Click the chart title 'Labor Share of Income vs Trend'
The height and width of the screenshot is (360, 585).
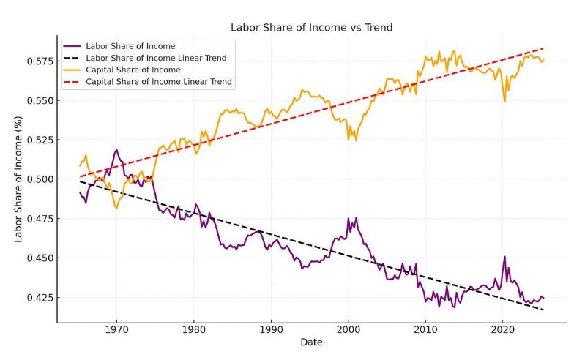(311, 28)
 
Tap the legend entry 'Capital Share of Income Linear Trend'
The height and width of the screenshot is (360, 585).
(160, 82)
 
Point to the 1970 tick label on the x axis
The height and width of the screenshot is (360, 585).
(116, 330)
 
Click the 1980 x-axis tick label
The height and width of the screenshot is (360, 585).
(194, 330)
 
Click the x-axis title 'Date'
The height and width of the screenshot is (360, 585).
(311, 342)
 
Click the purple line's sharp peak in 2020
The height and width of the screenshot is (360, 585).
(504, 257)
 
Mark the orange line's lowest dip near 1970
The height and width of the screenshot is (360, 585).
(116, 208)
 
